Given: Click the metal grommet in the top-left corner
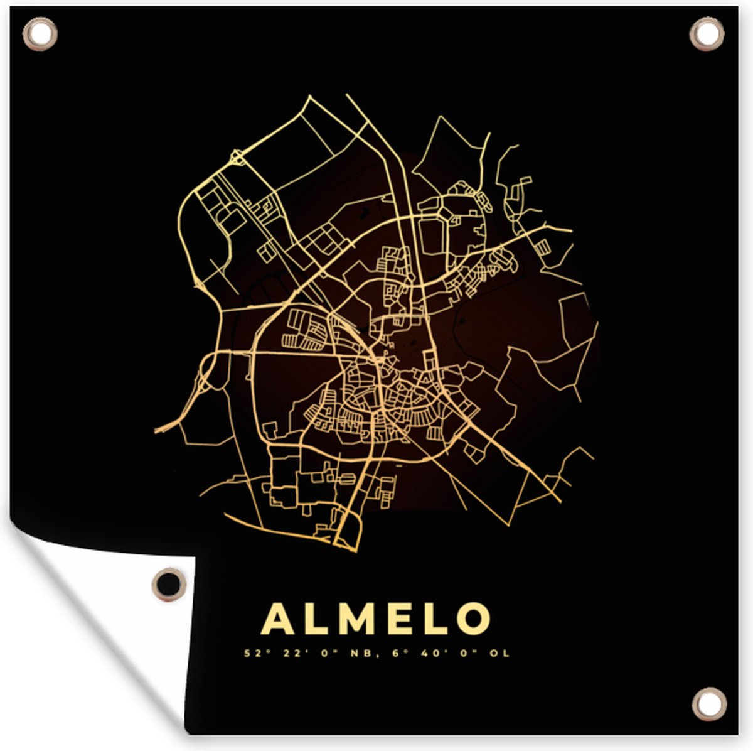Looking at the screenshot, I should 40,33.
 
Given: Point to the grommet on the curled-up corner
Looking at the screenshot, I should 169,583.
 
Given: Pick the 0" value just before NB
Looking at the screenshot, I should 329,654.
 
